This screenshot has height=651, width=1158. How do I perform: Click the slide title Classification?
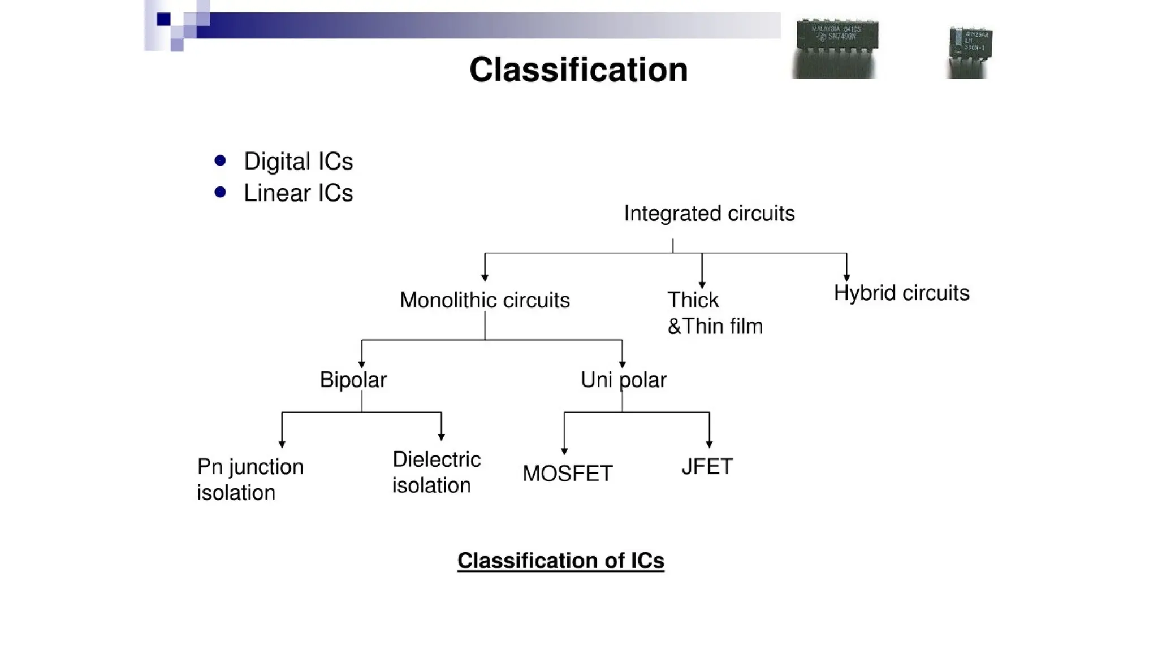click(578, 70)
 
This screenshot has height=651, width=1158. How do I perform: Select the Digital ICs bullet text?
click(298, 162)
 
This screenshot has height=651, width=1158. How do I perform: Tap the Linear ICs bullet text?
click(298, 193)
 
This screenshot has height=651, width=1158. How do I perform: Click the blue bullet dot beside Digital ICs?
click(221, 161)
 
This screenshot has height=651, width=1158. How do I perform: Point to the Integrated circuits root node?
click(709, 214)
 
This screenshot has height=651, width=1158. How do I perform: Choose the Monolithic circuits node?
click(485, 300)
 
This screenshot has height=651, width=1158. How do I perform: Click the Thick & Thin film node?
click(714, 313)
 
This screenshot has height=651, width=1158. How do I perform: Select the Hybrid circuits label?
click(901, 293)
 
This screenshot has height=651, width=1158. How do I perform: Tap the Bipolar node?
click(353, 380)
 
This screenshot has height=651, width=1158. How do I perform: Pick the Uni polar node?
click(623, 380)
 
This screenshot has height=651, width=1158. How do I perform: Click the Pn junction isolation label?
click(250, 480)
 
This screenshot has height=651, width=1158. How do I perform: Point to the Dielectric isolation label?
click(436, 472)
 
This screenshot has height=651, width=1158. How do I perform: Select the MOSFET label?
click(567, 474)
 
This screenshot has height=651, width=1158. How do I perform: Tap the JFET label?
click(707, 467)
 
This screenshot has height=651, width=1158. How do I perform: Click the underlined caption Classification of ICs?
click(560, 561)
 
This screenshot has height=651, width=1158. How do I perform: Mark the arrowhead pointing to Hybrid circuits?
click(846, 277)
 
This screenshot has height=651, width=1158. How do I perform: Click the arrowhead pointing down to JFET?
click(709, 444)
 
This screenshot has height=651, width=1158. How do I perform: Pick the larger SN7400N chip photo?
click(836, 48)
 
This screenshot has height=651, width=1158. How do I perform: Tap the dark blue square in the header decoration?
click(164, 20)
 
